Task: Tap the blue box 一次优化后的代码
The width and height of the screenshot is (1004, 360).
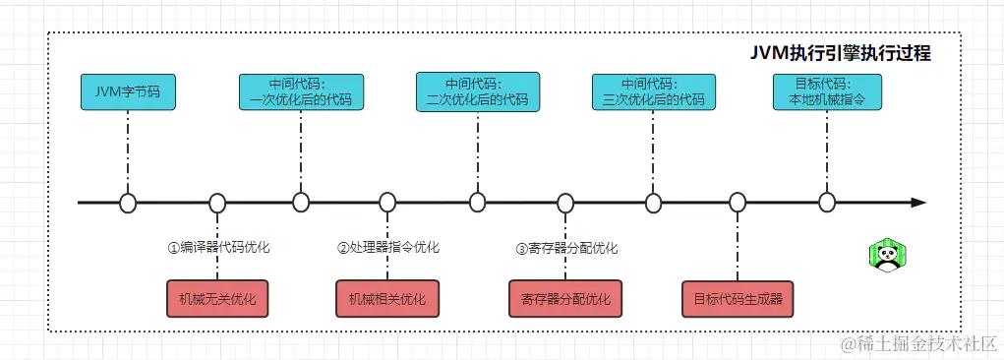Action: click(x=301, y=92)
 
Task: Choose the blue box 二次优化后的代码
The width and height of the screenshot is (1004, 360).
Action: click(x=477, y=92)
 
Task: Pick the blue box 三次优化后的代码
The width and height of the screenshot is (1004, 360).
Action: click(x=653, y=92)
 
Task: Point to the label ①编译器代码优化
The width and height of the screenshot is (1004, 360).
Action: click(x=217, y=248)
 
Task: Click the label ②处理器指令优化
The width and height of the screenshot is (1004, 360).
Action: click(x=387, y=248)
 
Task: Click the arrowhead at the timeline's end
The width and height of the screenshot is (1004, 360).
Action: click(x=918, y=203)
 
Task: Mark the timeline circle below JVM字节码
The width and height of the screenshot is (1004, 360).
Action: click(x=127, y=203)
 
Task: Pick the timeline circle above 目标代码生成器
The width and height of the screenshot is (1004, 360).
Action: click(x=738, y=203)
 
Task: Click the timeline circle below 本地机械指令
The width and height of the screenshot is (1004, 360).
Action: click(x=827, y=203)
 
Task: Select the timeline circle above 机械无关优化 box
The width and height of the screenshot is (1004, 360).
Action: click(x=217, y=203)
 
